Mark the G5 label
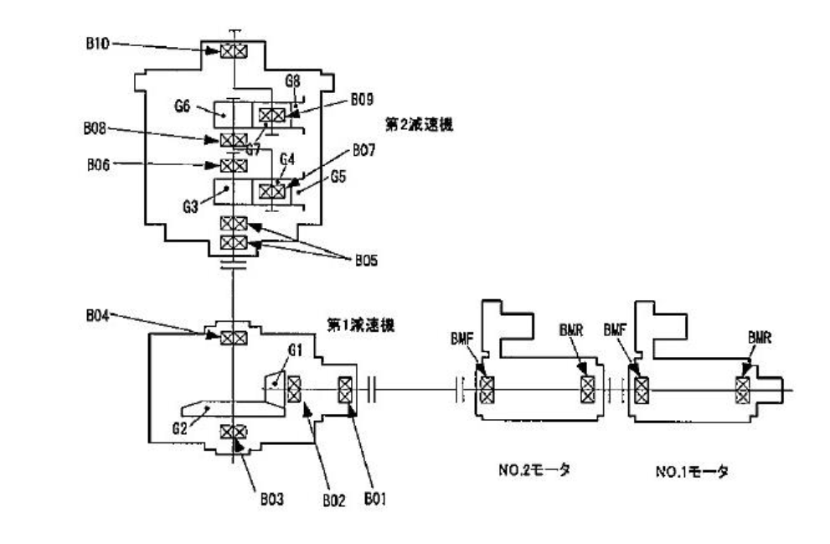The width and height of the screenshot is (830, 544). coord(337,178)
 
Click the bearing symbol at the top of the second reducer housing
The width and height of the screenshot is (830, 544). coord(233,52)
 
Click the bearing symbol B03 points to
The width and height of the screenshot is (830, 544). coord(233,432)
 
